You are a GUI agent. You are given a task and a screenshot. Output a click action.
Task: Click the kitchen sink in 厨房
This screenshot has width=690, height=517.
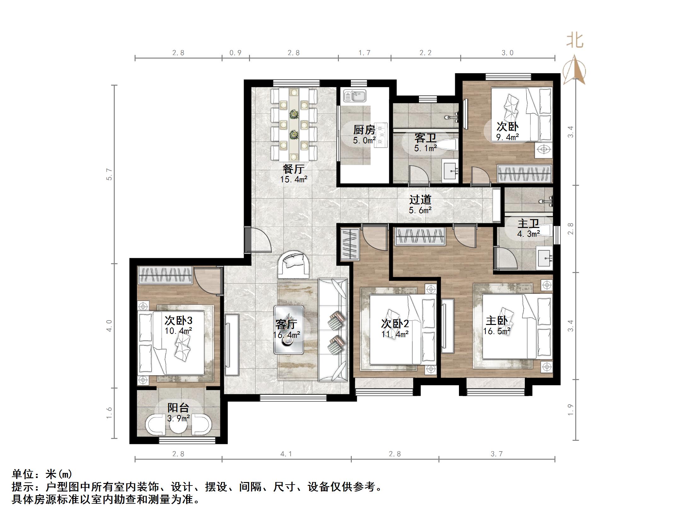coord(354,96)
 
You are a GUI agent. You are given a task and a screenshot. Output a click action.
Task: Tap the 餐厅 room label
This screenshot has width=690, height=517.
coord(293,169)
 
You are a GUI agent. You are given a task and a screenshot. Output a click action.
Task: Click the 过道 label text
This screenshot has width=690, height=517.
coord(420,200)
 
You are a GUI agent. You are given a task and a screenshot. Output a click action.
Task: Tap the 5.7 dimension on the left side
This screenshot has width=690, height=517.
coord(109,174)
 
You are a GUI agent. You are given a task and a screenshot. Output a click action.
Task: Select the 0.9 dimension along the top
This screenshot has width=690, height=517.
coord(235,53)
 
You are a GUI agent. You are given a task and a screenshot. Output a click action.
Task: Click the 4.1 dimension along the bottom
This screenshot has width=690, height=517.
coord(286,454)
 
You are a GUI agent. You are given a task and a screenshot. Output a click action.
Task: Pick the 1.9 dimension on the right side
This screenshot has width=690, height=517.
coord(571,409)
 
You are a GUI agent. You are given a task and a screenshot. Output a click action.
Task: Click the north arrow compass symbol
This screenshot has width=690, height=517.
coord(574,71)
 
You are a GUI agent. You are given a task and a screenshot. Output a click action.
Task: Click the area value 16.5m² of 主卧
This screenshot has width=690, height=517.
coord(497,331)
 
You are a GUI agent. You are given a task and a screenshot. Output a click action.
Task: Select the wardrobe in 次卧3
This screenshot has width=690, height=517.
coord(165,275)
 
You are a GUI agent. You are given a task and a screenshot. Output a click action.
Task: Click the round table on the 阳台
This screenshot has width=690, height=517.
coord(178,425)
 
